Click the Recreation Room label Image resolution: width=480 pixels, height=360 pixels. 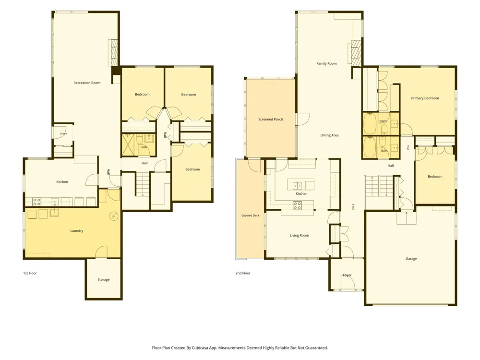pos(87,83)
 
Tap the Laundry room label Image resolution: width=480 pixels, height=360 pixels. pos(77,231)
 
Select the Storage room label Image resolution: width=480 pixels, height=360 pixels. pos(104,279)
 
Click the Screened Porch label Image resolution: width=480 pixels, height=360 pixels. pos(271,120)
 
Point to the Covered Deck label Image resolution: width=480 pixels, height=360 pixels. pos(251,216)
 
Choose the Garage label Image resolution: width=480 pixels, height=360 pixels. pos(411,259)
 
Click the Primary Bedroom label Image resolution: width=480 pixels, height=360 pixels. pos(425,98)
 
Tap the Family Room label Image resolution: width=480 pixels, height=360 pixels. pos(326,64)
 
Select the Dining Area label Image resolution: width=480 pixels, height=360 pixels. pos(329,135)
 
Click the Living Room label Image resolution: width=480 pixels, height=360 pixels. pos(300,235)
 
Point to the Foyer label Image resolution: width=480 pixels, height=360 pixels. pos(347,275)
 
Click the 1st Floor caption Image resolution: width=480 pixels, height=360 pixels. pos(30,273)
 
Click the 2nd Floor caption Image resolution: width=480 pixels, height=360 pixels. pos(243,273)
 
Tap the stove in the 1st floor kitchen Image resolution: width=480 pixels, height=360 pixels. pos(37,202)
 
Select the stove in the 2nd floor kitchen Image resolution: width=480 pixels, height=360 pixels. pos(297,205)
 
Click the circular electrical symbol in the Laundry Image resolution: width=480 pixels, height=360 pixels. pos(114,216)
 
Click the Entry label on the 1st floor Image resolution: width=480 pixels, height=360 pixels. pos(63,134)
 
